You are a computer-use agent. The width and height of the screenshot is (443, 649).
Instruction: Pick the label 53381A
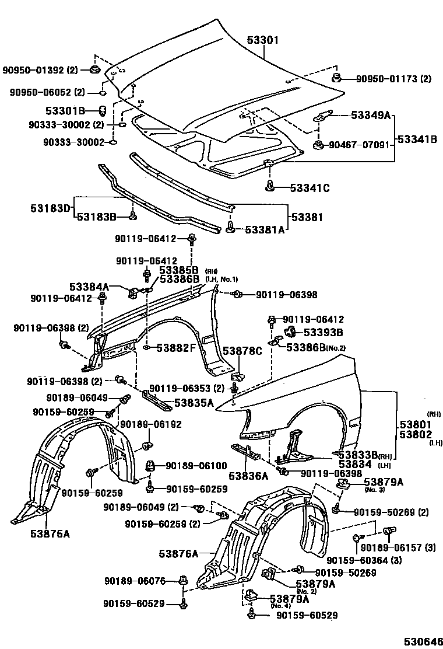(x=264, y=229)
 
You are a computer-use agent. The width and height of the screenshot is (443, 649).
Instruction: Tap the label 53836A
(x=248, y=476)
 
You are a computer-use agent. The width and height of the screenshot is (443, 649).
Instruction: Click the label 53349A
(x=370, y=116)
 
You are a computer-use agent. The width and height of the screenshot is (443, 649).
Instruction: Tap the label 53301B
(x=66, y=110)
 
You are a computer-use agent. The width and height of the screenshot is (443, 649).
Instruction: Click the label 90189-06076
(x=135, y=581)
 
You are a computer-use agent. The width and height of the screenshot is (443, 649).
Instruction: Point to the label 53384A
(x=89, y=287)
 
